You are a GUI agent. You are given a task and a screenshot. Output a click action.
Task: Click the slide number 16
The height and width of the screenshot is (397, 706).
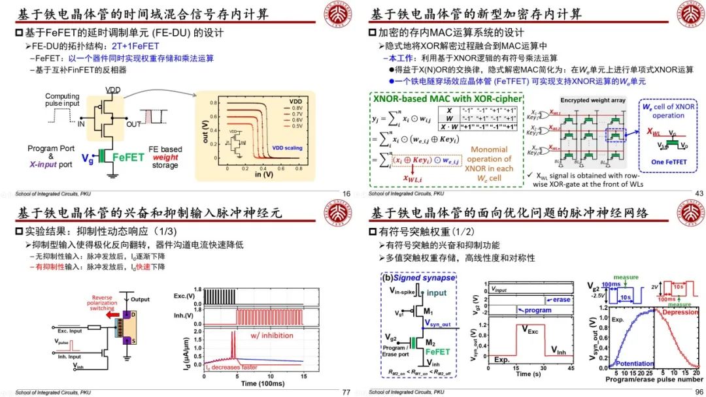point(346,193)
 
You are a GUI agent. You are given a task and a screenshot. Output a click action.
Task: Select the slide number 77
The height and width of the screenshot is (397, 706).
point(346,392)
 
